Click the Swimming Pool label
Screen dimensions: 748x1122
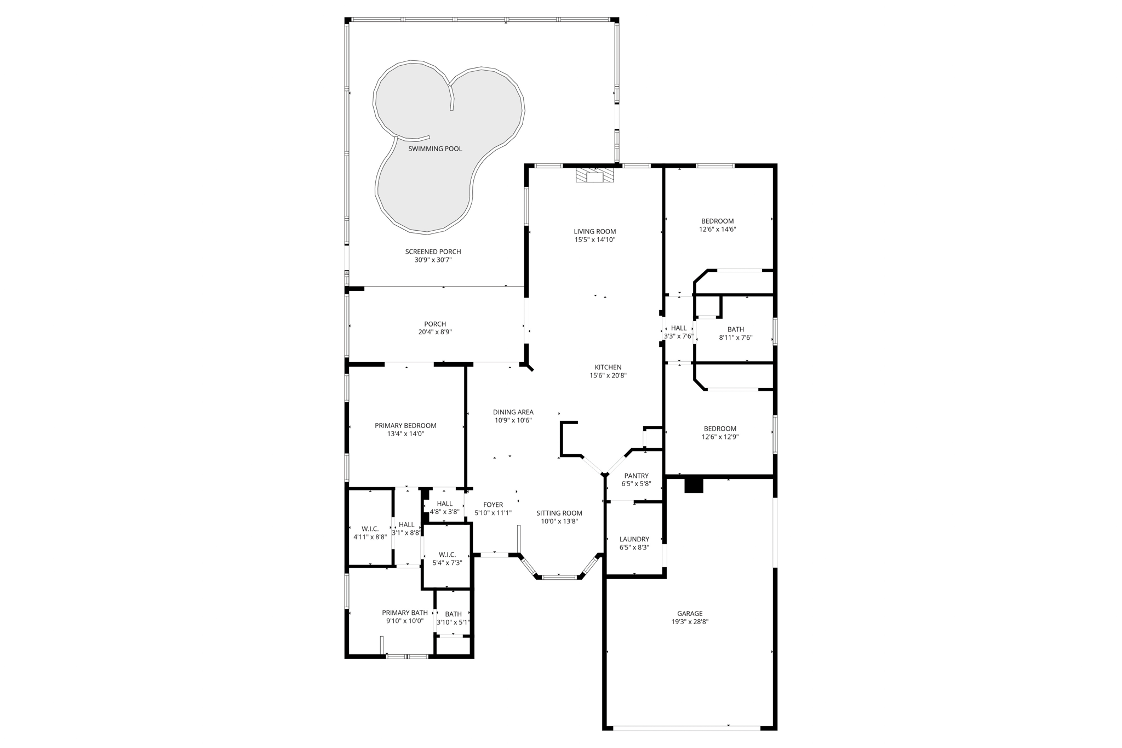pos(435,149)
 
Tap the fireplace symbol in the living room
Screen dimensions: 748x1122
pos(594,175)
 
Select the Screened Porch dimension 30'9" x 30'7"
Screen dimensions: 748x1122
pos(433,260)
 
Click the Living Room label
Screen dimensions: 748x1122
pos(594,231)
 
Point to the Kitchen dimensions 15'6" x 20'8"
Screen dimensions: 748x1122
pos(608,376)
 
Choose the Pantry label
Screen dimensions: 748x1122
pos(636,476)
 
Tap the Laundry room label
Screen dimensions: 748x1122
pos(634,539)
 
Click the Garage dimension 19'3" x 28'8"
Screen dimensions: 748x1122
pos(690,622)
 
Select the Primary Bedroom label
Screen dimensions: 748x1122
pos(405,425)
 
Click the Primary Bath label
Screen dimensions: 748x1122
pos(404,613)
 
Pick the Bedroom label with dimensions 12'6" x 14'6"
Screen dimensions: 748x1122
pos(717,221)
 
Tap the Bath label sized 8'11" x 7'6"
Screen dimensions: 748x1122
pos(735,329)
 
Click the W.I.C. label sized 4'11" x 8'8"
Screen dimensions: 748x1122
pos(370,529)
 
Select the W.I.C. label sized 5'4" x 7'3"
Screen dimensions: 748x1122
pos(447,555)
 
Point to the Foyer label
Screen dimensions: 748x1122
pos(493,505)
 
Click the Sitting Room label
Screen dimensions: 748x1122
pos(559,513)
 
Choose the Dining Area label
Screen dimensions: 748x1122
pos(513,412)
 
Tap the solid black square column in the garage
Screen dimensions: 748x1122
pos(694,486)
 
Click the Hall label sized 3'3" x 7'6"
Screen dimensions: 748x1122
pos(678,328)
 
